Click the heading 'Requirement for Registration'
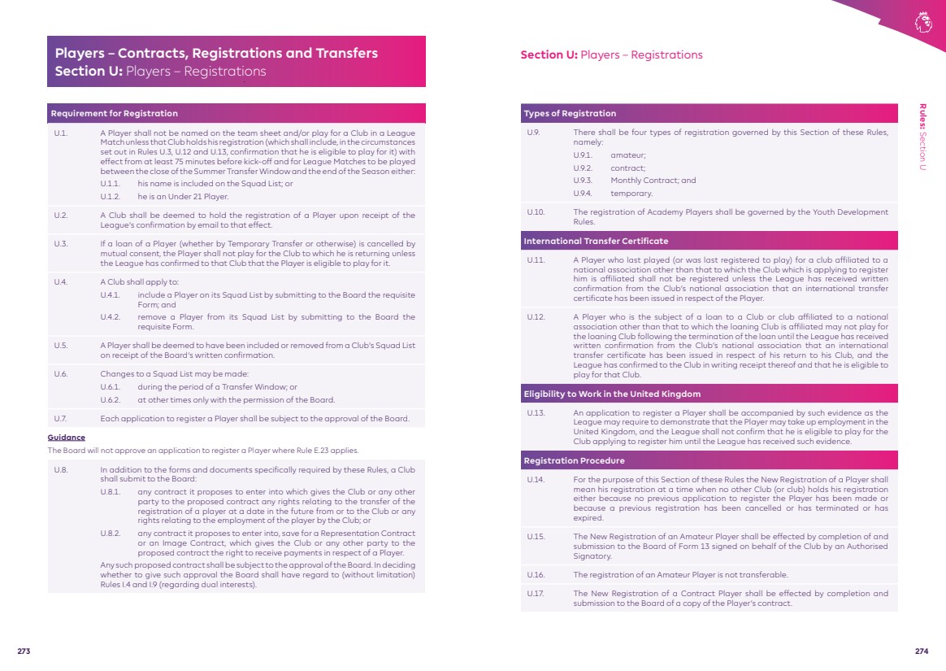click(x=115, y=113)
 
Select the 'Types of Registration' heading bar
click(x=571, y=113)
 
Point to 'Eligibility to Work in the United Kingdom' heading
click(x=612, y=394)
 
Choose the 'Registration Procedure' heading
click(x=575, y=460)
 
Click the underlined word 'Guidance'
click(x=66, y=438)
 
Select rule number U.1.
click(x=60, y=133)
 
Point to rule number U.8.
click(x=60, y=469)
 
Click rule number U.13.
click(x=536, y=412)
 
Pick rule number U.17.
click(x=535, y=593)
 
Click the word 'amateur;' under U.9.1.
click(x=628, y=155)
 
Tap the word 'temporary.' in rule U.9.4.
click(x=631, y=194)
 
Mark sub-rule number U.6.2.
click(x=110, y=399)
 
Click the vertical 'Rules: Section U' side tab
click(x=923, y=137)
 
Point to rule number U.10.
click(x=536, y=211)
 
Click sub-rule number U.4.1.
click(x=110, y=294)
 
